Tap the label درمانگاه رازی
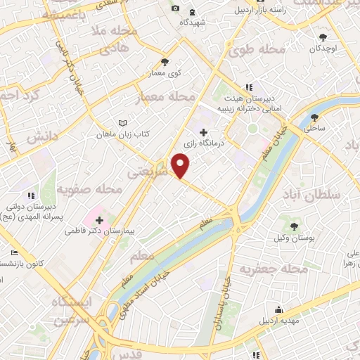tap(203, 144)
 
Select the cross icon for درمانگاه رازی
tap(204, 132)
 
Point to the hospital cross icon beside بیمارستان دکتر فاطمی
tap(99, 219)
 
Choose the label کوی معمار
tap(165, 72)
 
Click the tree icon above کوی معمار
tap(165, 62)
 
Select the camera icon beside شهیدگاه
tap(175, 8)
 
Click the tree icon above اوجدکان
tap(323, 37)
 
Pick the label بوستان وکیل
tap(292, 238)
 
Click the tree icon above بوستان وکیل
tap(292, 226)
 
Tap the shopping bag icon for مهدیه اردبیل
tap(279, 309)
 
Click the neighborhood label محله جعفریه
tap(274, 269)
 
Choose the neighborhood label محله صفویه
tap(90, 190)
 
